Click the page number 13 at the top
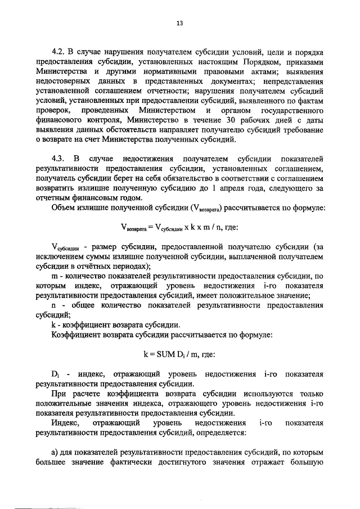click(180, 23)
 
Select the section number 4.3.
click(58, 158)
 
